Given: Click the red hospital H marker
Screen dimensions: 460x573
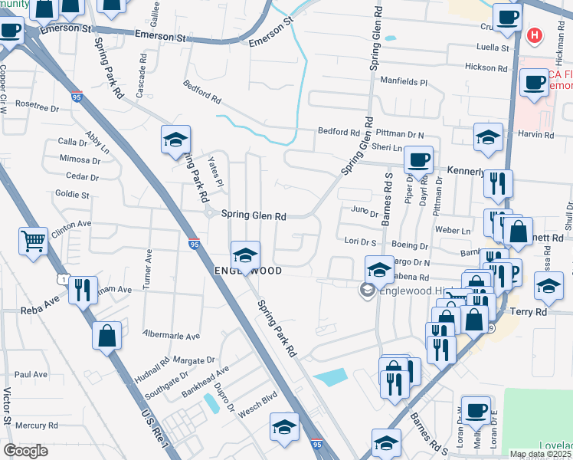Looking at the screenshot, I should click(535, 35).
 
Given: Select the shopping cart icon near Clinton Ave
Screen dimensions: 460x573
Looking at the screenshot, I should click(34, 242).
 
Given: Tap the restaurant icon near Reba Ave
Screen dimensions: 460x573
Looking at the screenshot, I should click(83, 290).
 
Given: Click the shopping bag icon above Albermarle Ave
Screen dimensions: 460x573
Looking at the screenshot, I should click(106, 335).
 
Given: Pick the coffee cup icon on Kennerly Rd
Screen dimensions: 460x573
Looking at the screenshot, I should click(418, 159).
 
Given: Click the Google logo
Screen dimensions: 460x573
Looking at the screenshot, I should click(26, 451).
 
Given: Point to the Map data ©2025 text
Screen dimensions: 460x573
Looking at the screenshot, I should click(540, 454).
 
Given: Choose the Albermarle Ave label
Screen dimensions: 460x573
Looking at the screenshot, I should click(172, 336).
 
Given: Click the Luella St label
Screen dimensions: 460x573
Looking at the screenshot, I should click(493, 48).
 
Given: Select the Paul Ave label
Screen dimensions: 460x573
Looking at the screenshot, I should click(31, 375).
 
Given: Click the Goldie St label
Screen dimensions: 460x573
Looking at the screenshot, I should click(73, 195).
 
